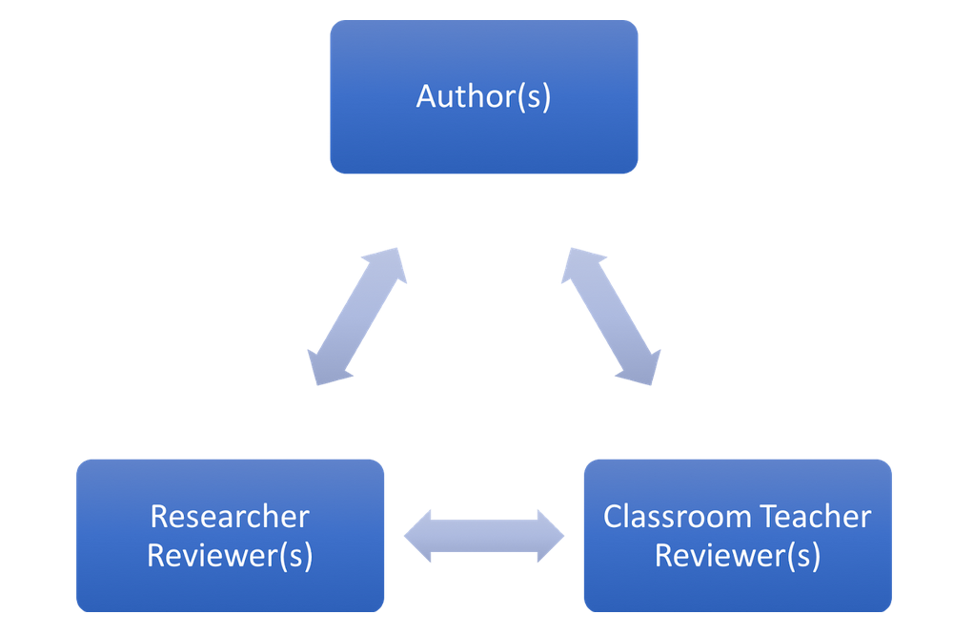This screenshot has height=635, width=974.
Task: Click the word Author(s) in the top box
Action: (483, 96)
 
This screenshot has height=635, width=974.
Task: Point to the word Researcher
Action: (230, 517)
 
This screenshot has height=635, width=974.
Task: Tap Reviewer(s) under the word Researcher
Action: (230, 555)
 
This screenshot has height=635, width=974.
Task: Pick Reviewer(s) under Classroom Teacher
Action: (737, 555)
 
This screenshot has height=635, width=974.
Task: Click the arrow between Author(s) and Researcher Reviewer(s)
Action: (357, 317)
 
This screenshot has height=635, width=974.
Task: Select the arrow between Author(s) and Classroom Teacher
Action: (611, 317)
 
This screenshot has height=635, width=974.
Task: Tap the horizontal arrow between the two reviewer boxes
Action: (484, 536)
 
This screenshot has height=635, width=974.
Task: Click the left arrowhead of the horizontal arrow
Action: (419, 536)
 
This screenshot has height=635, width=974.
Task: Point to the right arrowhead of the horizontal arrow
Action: (549, 536)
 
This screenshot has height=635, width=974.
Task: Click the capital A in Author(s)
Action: (427, 96)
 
